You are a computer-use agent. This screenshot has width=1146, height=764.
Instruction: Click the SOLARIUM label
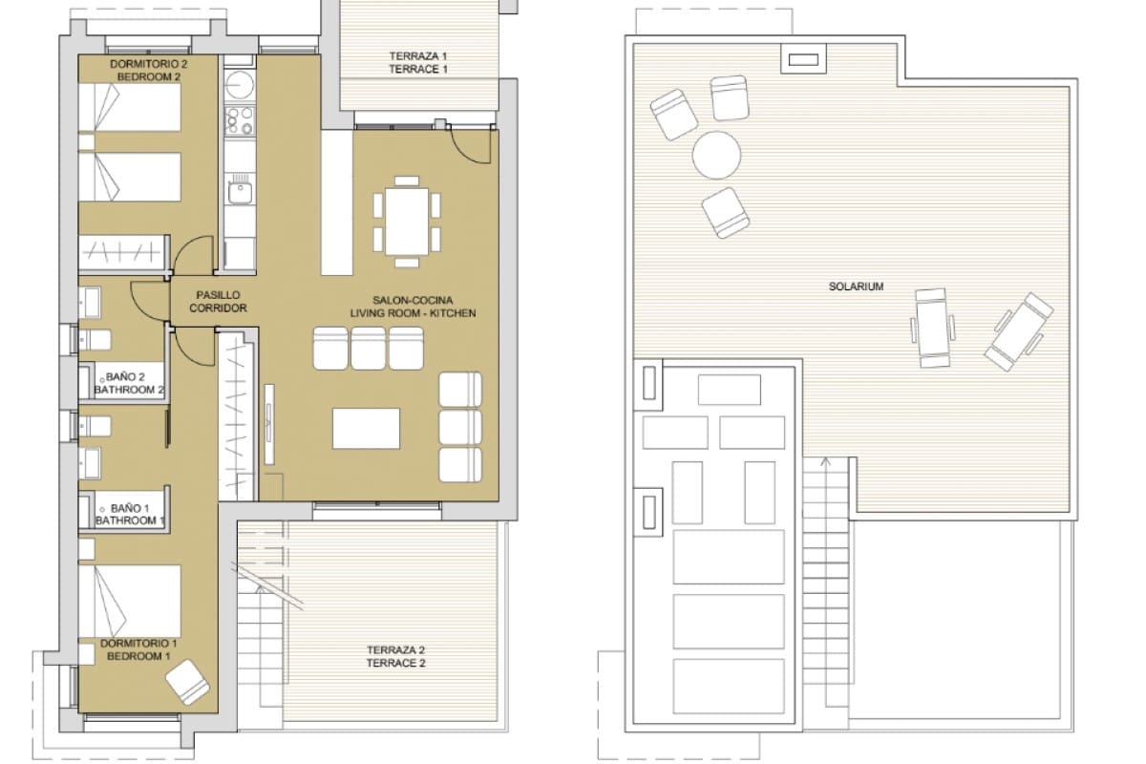[856, 286]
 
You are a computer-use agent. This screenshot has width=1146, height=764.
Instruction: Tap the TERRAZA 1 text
[418, 56]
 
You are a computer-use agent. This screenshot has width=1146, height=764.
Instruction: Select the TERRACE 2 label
[395, 663]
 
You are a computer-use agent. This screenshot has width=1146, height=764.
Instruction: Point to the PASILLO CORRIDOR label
[218, 302]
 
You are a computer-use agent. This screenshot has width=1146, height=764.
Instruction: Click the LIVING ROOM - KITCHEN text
[412, 313]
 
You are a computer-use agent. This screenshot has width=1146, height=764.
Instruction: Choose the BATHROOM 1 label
[130, 520]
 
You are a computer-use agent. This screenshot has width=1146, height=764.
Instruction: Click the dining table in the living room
[408, 221]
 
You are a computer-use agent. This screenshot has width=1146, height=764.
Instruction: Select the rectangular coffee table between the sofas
[366, 428]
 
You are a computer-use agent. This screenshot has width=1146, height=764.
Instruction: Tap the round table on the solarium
[716, 155]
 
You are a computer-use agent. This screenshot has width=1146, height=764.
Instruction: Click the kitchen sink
[238, 192]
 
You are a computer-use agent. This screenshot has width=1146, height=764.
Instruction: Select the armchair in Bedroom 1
[188, 682]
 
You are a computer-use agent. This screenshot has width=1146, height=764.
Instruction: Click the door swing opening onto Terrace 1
[472, 146]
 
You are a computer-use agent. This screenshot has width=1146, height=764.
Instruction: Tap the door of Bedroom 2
[194, 256]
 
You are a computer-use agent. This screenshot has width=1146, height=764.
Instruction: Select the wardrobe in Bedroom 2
[120, 252]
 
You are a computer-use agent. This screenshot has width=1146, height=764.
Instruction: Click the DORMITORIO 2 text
[145, 64]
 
